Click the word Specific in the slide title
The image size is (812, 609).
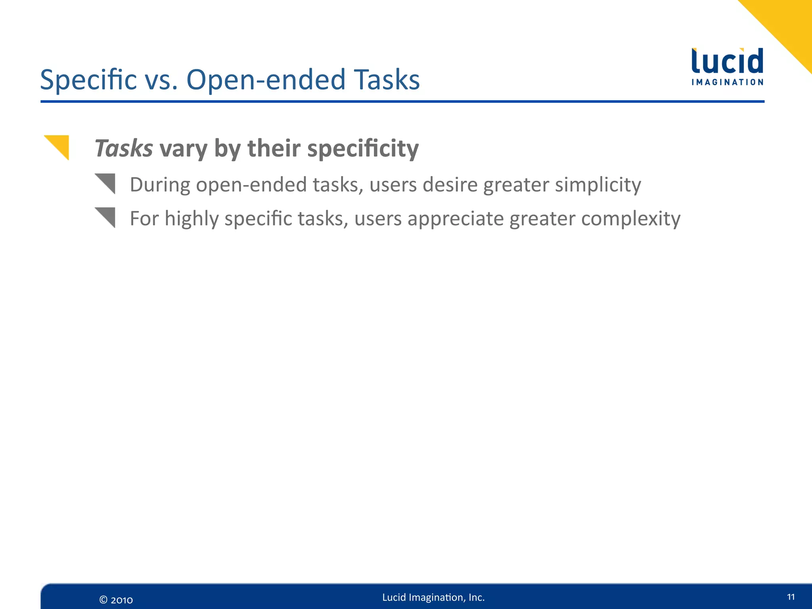point(88,80)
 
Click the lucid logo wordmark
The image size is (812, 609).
point(727,61)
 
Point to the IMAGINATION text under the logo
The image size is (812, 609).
point(727,82)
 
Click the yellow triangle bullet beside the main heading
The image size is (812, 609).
point(59,146)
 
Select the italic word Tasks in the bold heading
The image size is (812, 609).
point(124,149)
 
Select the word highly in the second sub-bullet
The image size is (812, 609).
point(192,219)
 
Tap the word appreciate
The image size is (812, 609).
point(456,219)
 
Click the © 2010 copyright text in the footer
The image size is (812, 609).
point(116,600)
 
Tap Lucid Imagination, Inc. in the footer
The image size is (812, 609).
point(433,598)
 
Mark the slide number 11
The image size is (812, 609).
point(791,597)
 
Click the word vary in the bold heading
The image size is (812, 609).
point(183,149)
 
